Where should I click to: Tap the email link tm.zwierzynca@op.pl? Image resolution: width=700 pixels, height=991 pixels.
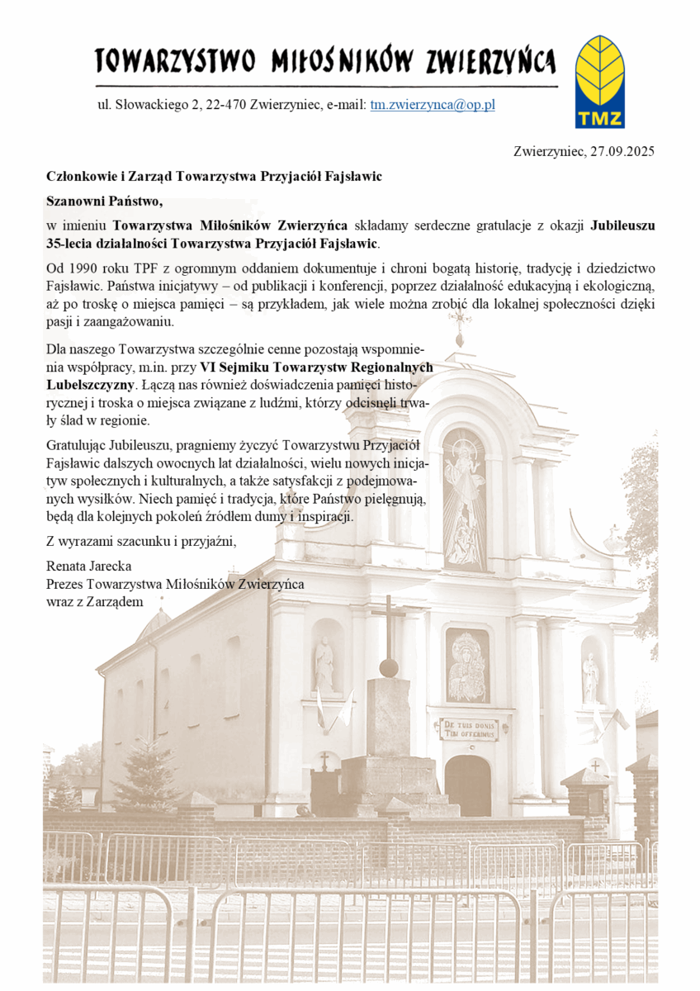(x=433, y=105)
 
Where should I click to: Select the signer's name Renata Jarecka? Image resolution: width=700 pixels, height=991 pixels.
(x=89, y=567)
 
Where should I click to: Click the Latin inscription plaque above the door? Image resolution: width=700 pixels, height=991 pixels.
(x=468, y=728)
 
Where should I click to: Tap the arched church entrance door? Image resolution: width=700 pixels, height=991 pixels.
(x=468, y=785)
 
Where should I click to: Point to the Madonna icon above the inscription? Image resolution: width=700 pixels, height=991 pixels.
(x=467, y=665)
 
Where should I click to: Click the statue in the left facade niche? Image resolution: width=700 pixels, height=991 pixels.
(x=324, y=666)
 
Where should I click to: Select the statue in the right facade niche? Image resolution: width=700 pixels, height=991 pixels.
(x=590, y=676)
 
